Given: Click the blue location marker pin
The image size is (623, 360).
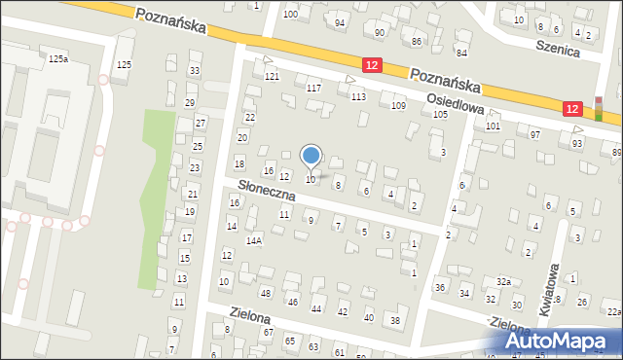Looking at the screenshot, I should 311,156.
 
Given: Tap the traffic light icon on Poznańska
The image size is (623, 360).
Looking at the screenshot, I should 598,108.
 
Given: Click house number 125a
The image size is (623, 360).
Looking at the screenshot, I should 58,59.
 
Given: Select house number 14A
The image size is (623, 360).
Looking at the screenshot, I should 254,239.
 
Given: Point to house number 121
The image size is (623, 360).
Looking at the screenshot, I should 272,76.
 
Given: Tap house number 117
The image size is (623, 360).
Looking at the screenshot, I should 313,88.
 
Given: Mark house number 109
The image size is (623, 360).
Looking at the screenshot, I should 397,105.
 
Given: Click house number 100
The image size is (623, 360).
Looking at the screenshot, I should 290,14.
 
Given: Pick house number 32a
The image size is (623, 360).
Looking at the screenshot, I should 502,281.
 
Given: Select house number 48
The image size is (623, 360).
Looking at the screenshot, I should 265,293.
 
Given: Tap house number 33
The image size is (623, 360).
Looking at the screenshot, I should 195,70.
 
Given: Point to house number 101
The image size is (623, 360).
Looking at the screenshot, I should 494,126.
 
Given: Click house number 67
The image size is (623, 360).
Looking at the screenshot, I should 268,333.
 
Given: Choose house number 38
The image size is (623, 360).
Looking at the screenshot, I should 394,320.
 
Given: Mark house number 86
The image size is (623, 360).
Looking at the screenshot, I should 417,41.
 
